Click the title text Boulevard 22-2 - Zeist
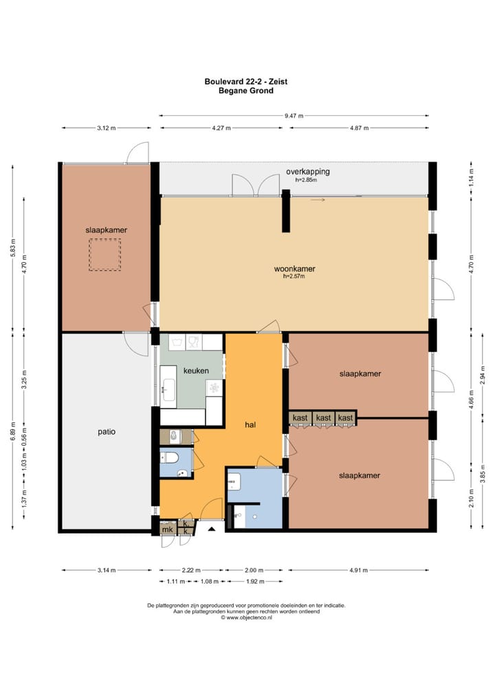(x=245, y=81)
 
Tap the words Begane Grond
(x=245, y=90)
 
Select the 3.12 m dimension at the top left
(x=107, y=128)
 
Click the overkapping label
(x=308, y=171)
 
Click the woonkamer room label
(x=294, y=269)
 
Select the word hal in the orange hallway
(x=250, y=425)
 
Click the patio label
(x=106, y=432)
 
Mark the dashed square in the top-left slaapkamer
(x=104, y=255)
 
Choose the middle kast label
(x=323, y=417)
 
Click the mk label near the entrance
(x=167, y=529)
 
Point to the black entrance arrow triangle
(x=211, y=529)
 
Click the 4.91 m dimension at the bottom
(x=358, y=570)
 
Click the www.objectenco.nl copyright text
(x=246, y=617)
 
